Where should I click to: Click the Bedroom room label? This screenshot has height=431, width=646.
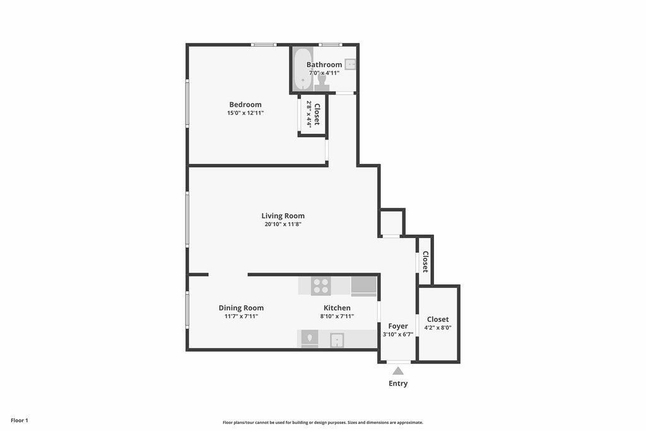pyautogui.click(x=245, y=105)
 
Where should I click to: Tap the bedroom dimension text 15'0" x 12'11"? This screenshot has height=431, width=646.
pyautogui.click(x=245, y=113)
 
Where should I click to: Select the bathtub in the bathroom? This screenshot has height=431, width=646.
pyautogui.click(x=303, y=69)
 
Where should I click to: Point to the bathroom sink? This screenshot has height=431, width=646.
pyautogui.click(x=350, y=64)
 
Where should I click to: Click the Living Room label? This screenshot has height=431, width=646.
pyautogui.click(x=283, y=216)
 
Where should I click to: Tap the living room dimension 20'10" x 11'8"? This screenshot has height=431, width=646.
pyautogui.click(x=283, y=225)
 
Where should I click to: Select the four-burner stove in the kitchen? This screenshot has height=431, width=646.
pyautogui.click(x=321, y=286)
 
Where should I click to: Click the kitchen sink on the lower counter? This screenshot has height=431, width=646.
pyautogui.click(x=337, y=340)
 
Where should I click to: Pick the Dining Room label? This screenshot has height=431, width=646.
pyautogui.click(x=241, y=308)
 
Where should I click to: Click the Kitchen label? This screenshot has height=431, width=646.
pyautogui.click(x=337, y=308)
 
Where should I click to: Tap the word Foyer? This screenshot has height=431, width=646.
pyautogui.click(x=398, y=326)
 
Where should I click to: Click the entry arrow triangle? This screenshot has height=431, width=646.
pyautogui.click(x=398, y=371)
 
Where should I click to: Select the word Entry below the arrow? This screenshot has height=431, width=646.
pyautogui.click(x=398, y=384)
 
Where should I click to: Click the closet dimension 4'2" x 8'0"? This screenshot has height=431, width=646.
pyautogui.click(x=438, y=328)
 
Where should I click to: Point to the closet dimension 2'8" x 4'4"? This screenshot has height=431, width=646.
pyautogui.click(x=308, y=115)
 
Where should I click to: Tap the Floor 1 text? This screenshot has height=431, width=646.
pyautogui.click(x=20, y=421)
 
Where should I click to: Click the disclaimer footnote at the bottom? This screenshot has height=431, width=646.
pyautogui.click(x=323, y=422)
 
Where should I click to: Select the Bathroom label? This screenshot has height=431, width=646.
pyautogui.click(x=324, y=65)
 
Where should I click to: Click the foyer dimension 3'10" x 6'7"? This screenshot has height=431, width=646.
pyautogui.click(x=398, y=334)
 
